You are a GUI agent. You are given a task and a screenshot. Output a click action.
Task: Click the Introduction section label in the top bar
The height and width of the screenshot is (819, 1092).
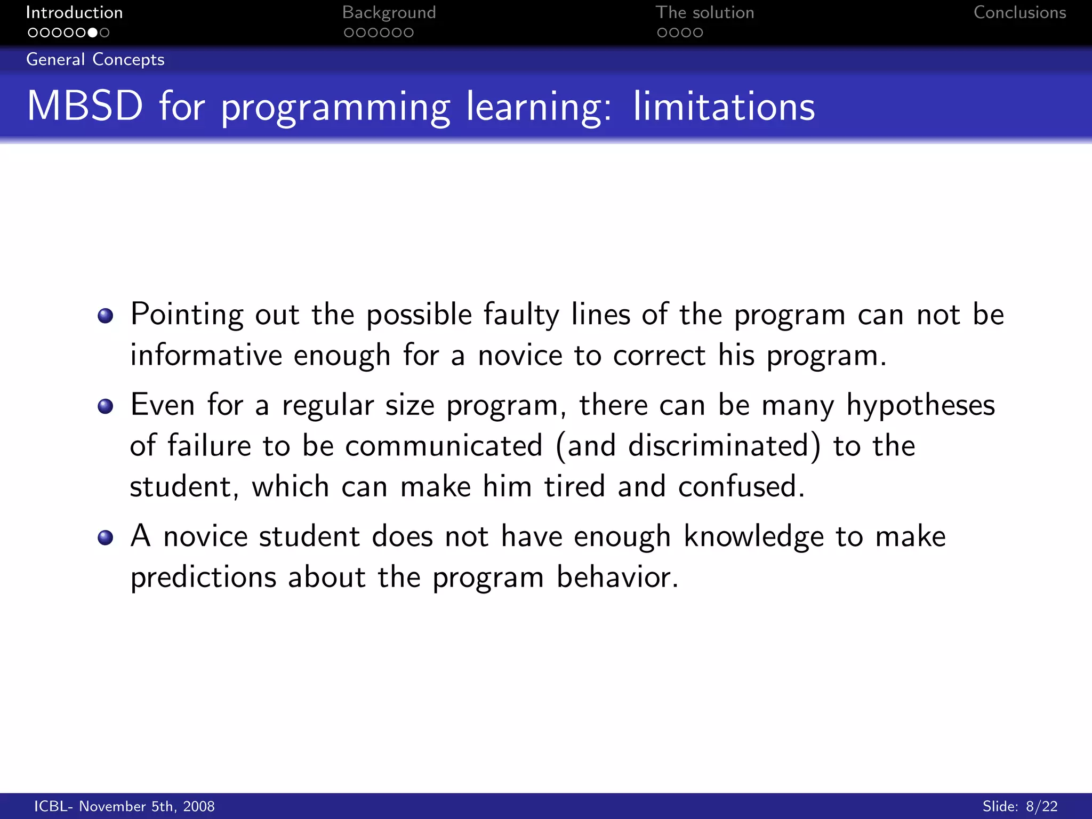pos(74,12)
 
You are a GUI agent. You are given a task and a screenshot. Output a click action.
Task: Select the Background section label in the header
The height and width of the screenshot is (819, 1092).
pos(389,12)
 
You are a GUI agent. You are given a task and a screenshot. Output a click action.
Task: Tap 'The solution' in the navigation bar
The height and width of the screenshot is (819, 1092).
pos(704,12)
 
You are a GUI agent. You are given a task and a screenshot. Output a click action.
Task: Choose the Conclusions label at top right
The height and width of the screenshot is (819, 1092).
pos(1019,12)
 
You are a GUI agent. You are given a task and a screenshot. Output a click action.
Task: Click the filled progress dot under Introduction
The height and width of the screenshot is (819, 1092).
pos(92,33)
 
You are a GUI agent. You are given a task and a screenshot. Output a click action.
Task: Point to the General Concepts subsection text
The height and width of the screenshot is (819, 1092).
pos(95,59)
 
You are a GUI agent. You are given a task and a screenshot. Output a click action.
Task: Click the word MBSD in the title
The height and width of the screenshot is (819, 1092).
pos(85,106)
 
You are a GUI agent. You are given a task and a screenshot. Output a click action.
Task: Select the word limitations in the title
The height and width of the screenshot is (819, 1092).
pos(724,106)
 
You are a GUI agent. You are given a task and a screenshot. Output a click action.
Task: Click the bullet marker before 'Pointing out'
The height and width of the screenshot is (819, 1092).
pos(106,316)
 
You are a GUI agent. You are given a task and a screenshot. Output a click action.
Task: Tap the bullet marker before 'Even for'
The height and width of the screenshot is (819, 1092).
pos(106,406)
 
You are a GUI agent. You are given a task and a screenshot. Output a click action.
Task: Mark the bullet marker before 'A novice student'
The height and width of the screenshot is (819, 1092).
pos(106,537)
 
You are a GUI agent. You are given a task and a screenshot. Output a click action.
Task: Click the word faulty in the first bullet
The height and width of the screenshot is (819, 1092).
pos(521,315)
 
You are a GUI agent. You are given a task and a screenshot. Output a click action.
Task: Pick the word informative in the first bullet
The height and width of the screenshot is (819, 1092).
pos(206,355)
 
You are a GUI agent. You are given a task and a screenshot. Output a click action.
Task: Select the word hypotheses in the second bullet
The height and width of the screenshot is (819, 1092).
pos(920,405)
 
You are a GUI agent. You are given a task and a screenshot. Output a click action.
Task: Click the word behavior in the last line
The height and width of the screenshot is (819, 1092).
pos(617,577)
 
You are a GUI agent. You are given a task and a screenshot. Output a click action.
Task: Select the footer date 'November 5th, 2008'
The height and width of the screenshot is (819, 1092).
pos(147,806)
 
